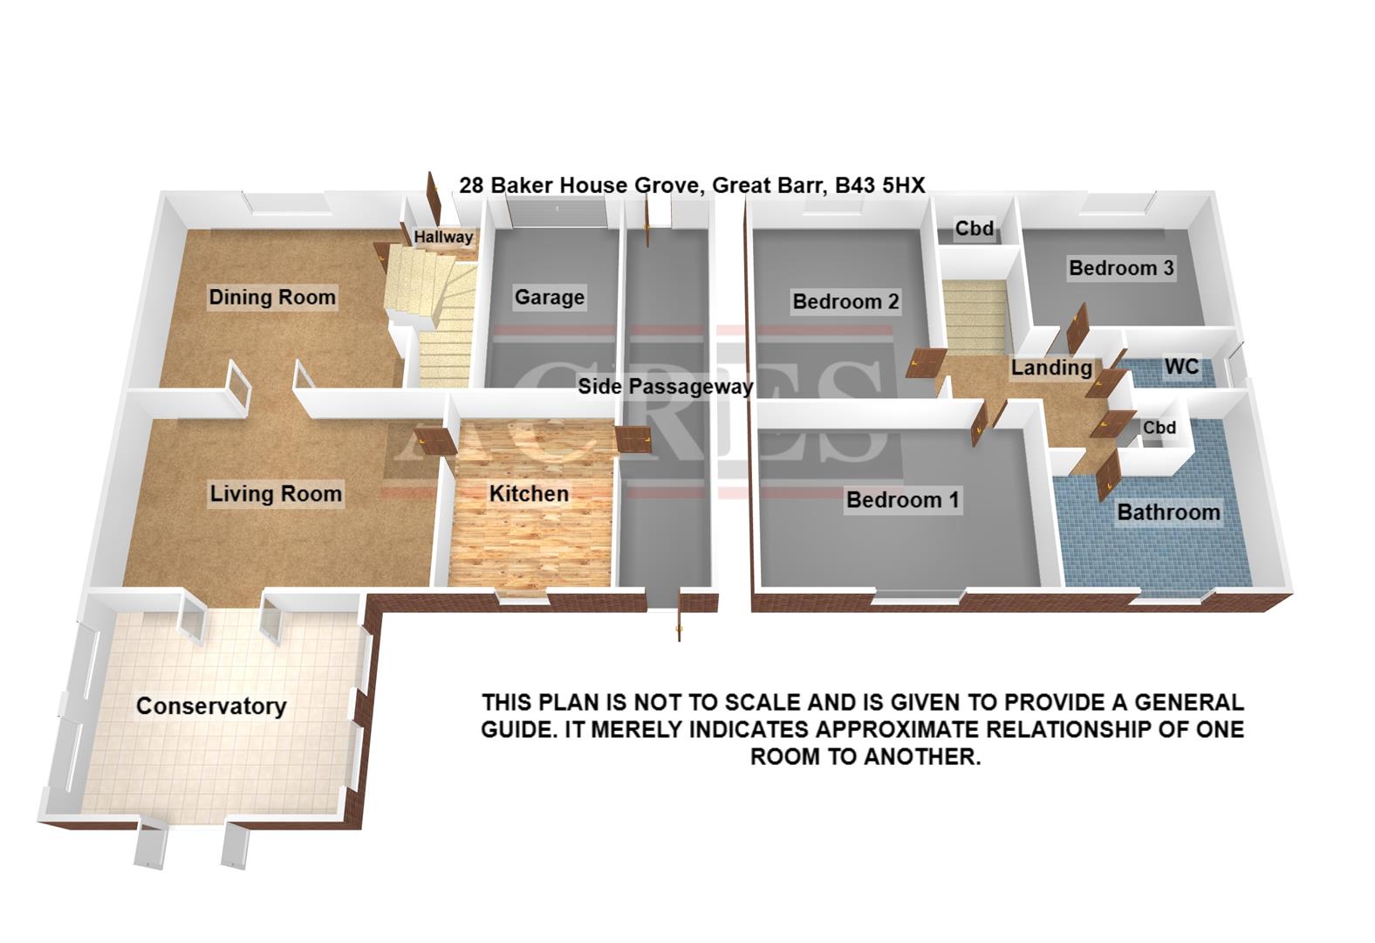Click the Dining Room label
coord(272,297)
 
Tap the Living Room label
coord(276,493)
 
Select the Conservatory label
coord(211,706)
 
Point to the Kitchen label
coord(529,493)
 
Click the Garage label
coord(549,297)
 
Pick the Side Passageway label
coord(666,386)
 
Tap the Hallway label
coord(443,237)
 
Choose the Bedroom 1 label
coord(902,499)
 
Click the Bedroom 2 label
coord(845,301)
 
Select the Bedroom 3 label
coord(1121,268)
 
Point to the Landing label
coord(1051,368)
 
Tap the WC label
coord(1181,367)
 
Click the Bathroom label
coord(1168,512)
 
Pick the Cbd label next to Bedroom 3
coord(974,228)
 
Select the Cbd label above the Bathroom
coord(1159,428)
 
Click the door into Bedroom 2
coord(925,362)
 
